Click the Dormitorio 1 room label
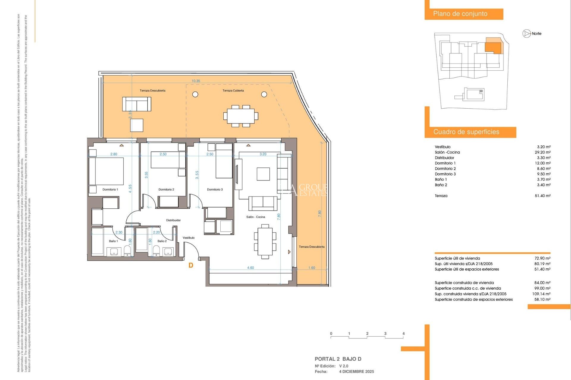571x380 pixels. [x=110, y=189]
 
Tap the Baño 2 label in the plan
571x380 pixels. [x=162, y=241]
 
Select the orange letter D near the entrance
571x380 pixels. [x=191, y=265]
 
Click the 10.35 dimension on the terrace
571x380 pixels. [x=196, y=81]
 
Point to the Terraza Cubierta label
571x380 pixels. [x=233, y=91]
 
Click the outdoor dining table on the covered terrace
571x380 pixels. [x=241, y=116]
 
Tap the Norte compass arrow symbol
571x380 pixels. [x=526, y=34]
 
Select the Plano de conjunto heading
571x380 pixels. [x=460, y=14]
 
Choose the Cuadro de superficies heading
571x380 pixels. [x=466, y=132]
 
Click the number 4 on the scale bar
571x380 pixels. [x=403, y=334]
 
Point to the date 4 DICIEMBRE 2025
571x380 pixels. [x=357, y=372]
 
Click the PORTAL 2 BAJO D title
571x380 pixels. [x=338, y=359]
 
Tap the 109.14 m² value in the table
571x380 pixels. [x=541, y=294]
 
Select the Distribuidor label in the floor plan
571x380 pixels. [x=173, y=220]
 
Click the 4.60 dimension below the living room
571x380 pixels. [x=250, y=268]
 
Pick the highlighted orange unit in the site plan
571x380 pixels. [x=493, y=47]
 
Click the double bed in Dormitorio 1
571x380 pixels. [x=106, y=171]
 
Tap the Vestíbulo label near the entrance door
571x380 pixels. [x=189, y=238]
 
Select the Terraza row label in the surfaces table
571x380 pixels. [x=441, y=196]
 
